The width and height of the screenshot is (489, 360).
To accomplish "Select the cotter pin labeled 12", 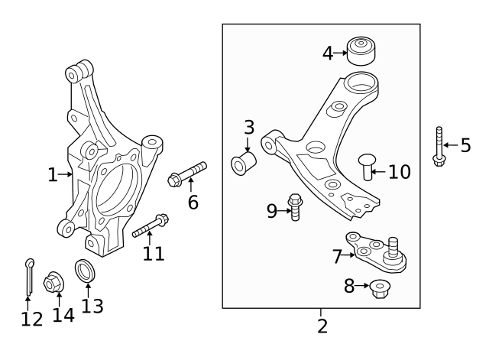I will click(x=28, y=277).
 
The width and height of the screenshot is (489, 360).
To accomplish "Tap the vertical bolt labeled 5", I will click(x=439, y=147).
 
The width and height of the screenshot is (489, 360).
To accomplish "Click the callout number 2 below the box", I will click(x=322, y=326).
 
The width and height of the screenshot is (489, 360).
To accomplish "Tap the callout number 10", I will click(x=399, y=171).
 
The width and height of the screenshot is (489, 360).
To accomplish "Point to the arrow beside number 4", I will click(x=341, y=53).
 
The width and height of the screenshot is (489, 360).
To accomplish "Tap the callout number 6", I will click(x=193, y=202).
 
